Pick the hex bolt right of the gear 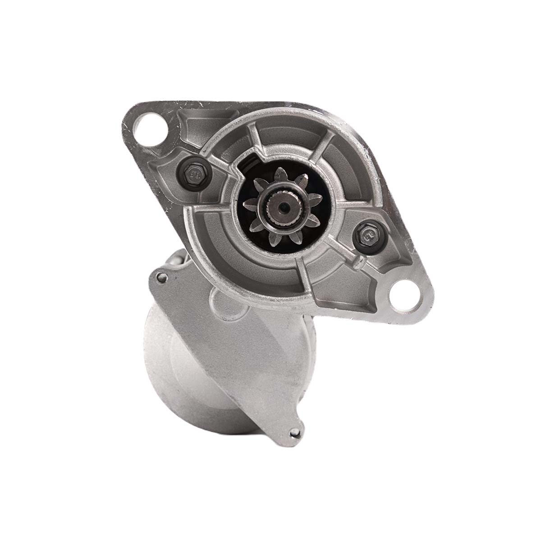tap(367, 235)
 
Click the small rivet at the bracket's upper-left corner tap(161, 279)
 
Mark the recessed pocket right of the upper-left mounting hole tap(194, 119)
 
